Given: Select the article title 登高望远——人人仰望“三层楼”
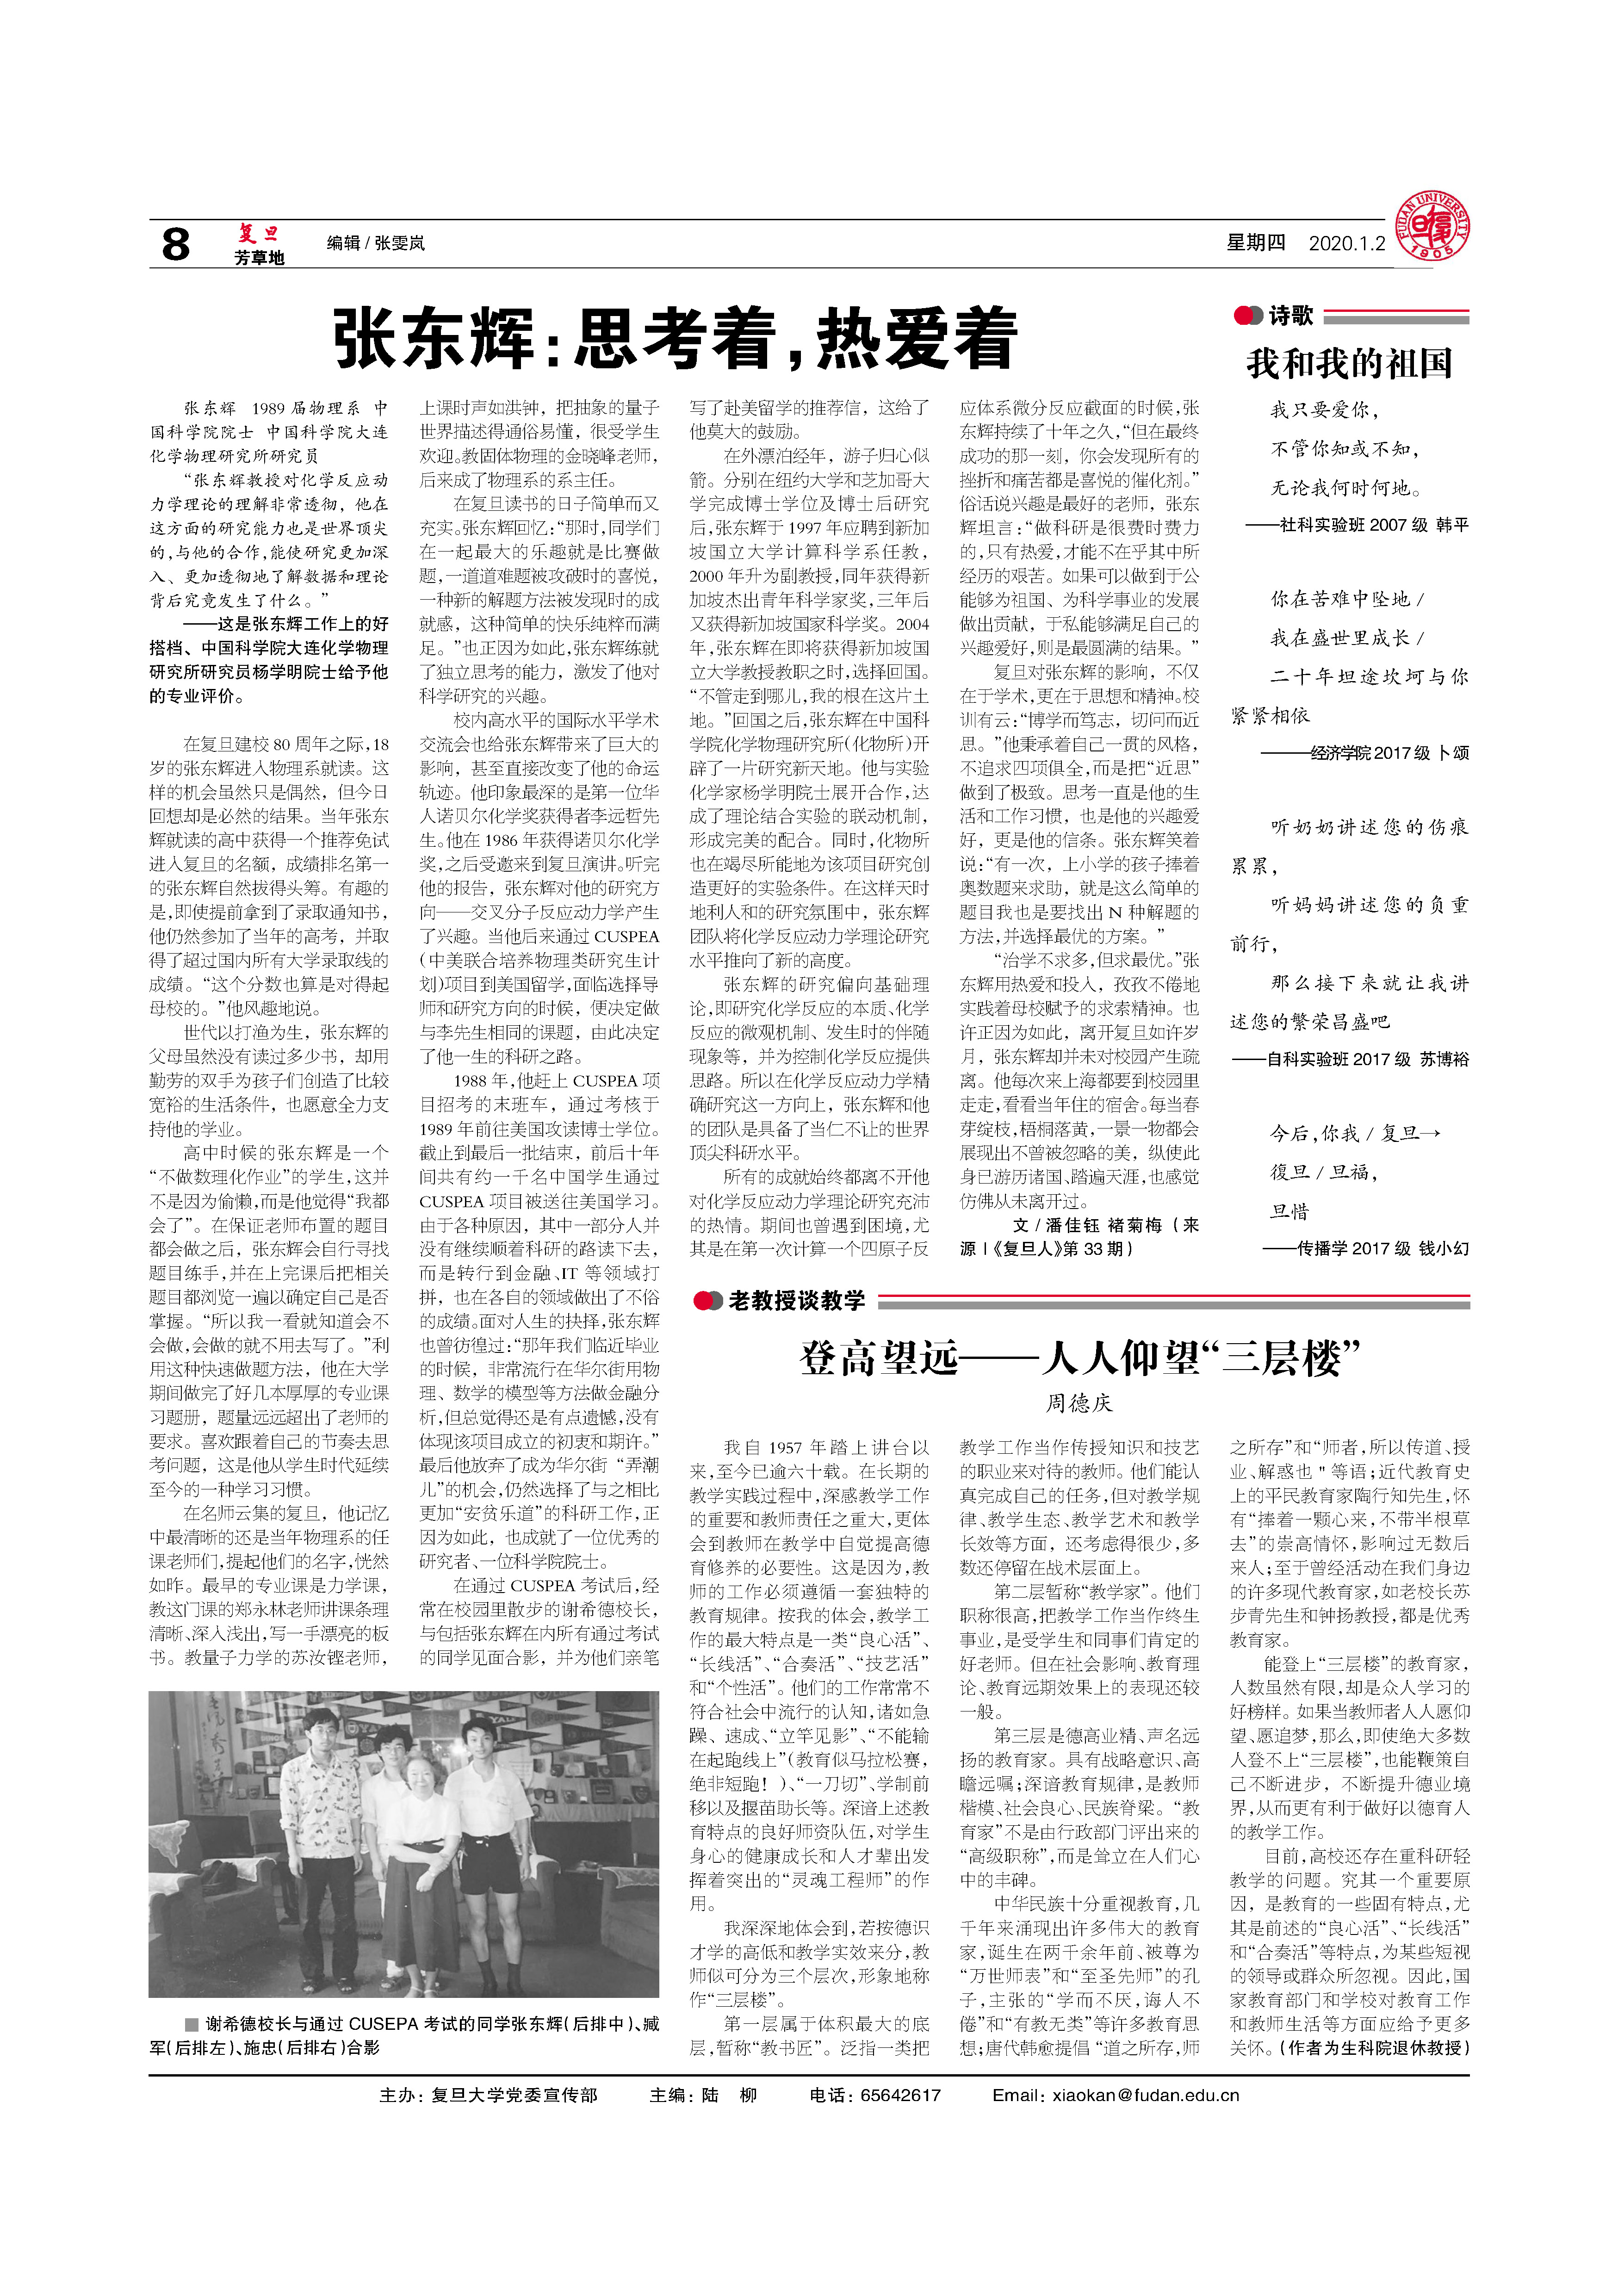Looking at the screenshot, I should coord(1079,1358).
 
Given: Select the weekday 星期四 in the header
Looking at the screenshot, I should coord(1255,243).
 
